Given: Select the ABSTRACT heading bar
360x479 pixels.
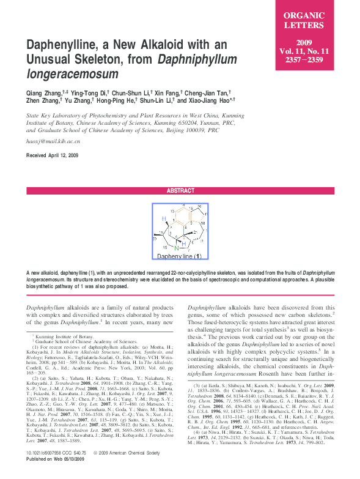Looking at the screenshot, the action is [180, 190].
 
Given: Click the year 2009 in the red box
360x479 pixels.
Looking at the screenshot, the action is [317, 42].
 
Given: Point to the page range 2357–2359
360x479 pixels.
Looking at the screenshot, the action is [317, 61].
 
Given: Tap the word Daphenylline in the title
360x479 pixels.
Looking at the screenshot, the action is [67, 46].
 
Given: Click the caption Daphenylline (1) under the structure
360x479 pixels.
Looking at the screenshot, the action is [179, 256].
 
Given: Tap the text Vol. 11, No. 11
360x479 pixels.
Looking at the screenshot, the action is [317, 51].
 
